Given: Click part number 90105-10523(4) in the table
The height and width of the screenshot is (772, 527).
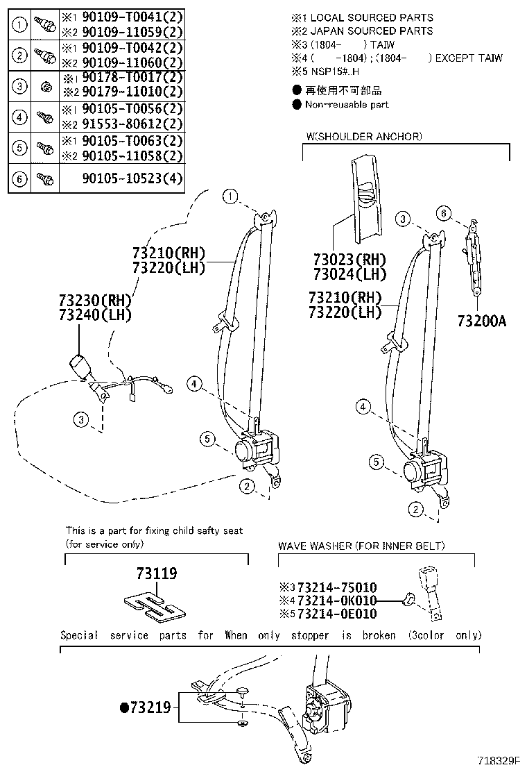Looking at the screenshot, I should (x=122, y=178).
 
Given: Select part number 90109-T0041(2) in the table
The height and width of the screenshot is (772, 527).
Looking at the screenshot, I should (x=122, y=17).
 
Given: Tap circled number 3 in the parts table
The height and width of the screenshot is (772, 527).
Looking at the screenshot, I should (x=21, y=86).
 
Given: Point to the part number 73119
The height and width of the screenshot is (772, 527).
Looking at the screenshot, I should (x=156, y=573).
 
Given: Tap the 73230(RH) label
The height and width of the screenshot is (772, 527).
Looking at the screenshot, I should (x=94, y=301).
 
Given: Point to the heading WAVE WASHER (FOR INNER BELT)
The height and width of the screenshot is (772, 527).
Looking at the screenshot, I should (x=361, y=546).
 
